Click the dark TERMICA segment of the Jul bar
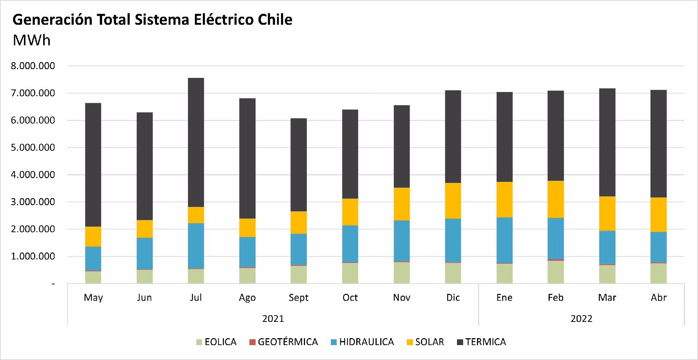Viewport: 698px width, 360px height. (196, 142)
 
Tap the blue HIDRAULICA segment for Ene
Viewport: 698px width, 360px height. (504, 240)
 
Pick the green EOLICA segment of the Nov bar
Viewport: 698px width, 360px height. (401, 272)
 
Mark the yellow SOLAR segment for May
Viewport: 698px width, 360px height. (93, 236)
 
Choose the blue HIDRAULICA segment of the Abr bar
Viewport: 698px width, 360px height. (658, 247)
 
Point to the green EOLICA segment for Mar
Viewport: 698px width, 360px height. (607, 274)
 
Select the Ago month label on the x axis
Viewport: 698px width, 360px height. (247, 297)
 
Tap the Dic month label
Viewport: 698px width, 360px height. (453, 297)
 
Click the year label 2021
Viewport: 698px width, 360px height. (273, 319)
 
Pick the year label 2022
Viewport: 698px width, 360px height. (581, 319)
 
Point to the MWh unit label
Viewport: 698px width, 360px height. (32, 40)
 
